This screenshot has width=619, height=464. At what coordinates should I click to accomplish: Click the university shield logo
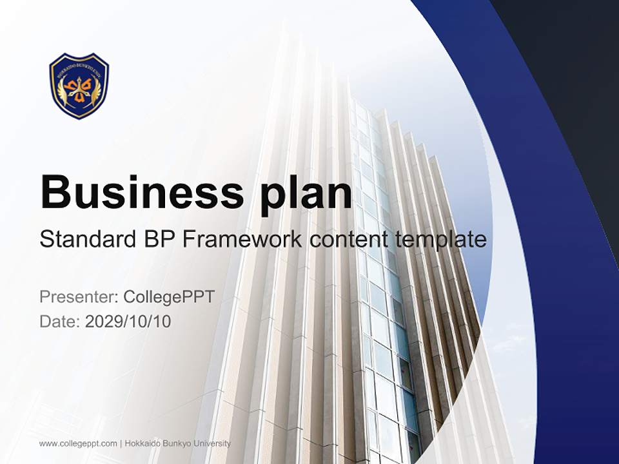pos(79,86)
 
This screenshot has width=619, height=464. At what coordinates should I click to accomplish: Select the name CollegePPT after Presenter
pos(169,297)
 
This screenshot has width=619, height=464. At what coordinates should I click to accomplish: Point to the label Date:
pos(60,321)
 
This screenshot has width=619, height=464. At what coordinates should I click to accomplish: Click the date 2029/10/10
pos(128,321)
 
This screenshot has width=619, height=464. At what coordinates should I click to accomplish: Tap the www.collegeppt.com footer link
pos(78,443)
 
